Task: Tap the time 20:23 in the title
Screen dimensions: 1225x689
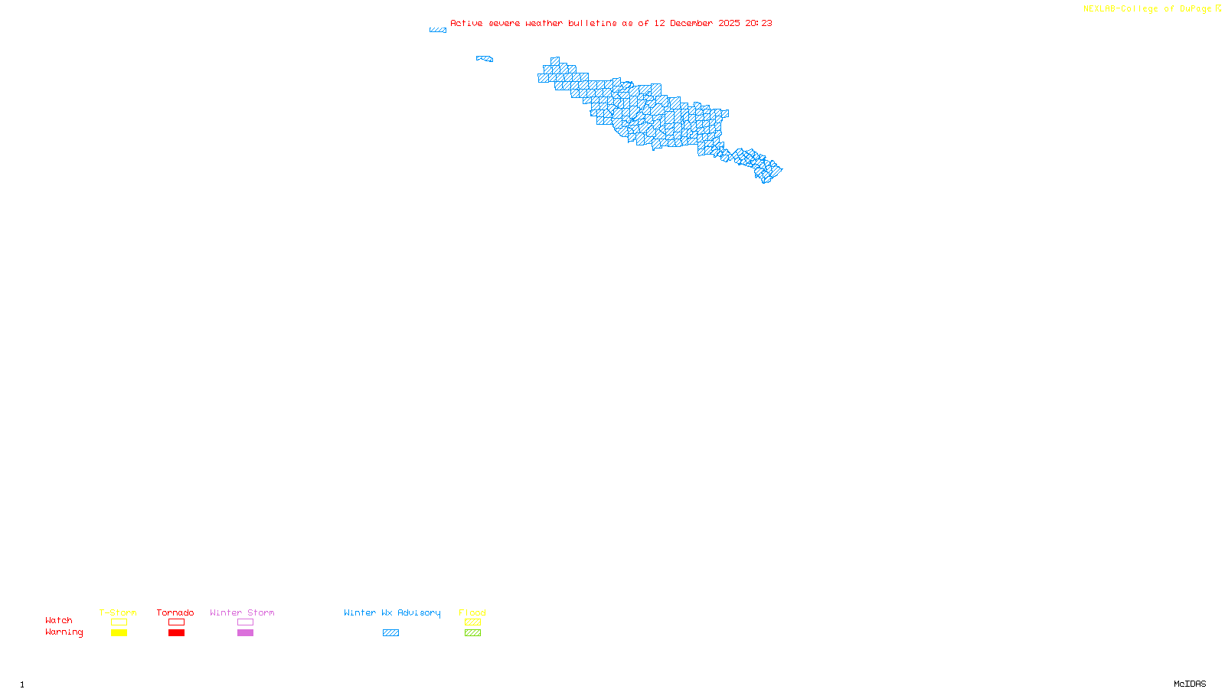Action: point(759,23)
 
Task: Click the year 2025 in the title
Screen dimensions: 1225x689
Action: point(729,23)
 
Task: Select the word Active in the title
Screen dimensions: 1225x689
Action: point(466,23)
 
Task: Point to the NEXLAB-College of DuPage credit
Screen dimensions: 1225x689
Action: point(1148,8)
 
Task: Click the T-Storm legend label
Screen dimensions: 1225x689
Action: point(118,612)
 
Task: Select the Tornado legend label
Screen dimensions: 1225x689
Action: point(175,612)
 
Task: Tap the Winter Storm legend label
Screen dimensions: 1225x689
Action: point(242,612)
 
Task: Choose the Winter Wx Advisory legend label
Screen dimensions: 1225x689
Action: point(392,612)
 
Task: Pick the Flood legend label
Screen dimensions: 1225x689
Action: point(472,612)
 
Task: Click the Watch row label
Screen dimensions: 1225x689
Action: point(59,620)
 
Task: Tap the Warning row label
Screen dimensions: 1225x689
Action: point(64,632)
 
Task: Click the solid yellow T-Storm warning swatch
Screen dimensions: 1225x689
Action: point(119,633)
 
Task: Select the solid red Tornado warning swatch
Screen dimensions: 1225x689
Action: point(177,633)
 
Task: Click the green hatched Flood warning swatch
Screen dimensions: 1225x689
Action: point(473,633)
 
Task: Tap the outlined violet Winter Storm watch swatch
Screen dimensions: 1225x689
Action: point(245,622)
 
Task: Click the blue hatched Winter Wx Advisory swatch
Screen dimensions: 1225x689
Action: point(390,633)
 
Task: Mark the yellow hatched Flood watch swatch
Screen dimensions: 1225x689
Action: point(473,622)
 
